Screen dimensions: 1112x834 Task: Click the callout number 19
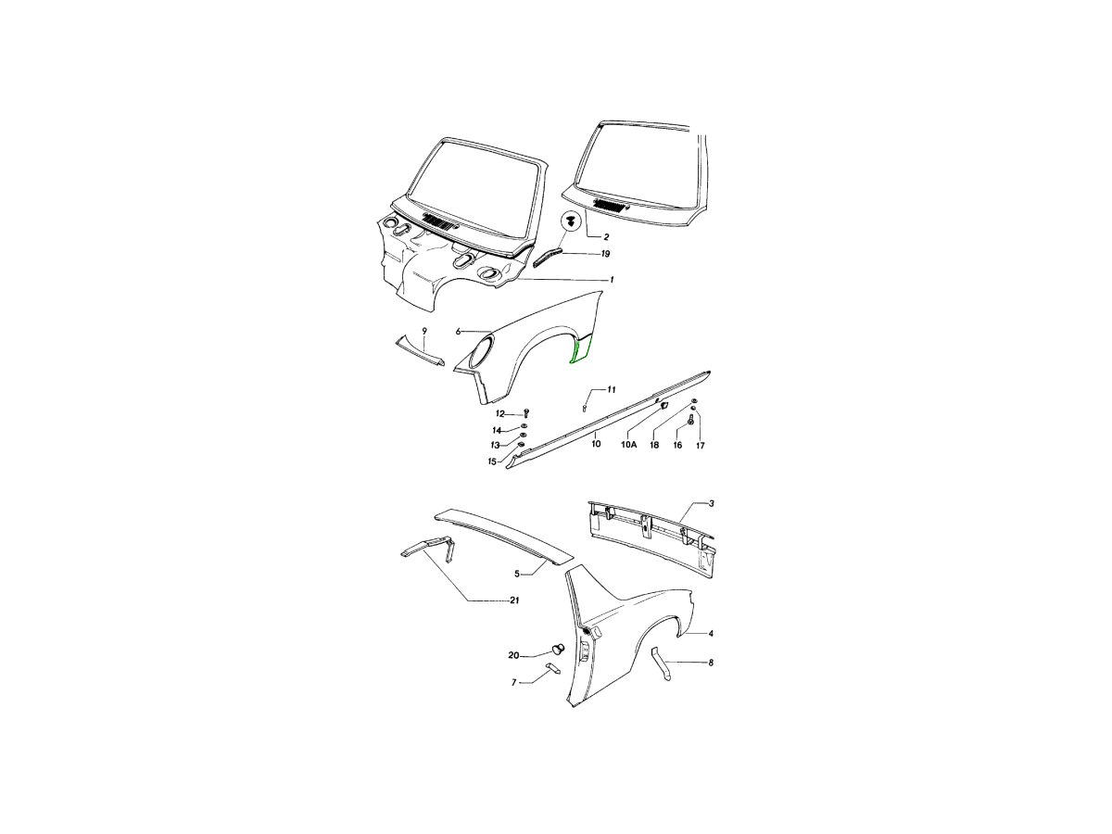point(605,254)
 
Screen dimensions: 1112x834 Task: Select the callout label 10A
point(628,445)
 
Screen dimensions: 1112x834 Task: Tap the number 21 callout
point(514,600)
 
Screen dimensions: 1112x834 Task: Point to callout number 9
point(424,331)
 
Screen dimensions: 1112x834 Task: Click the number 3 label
point(712,504)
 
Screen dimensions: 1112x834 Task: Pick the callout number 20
point(513,656)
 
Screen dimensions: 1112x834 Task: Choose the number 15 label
point(492,461)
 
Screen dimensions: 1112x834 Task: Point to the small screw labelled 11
point(584,408)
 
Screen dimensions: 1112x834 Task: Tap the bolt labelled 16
point(690,419)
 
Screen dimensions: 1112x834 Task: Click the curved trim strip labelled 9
point(419,352)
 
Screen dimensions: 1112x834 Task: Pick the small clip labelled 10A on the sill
point(664,405)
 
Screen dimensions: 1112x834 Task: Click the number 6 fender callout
point(458,332)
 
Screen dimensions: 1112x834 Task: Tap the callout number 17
point(701,446)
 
